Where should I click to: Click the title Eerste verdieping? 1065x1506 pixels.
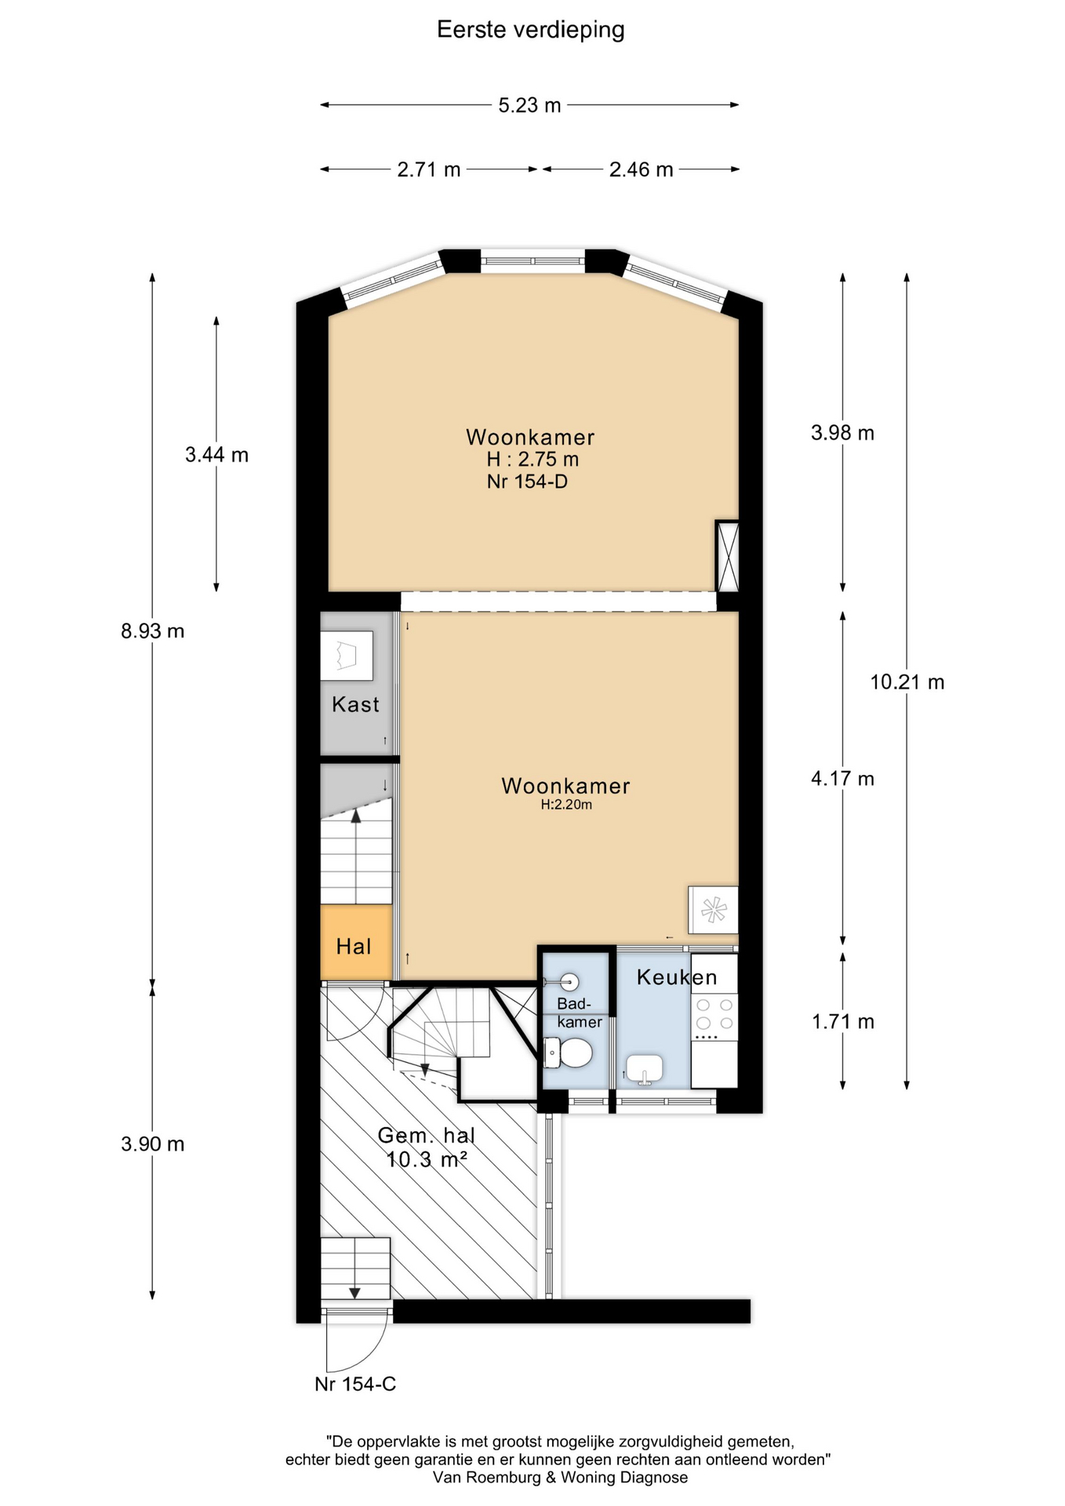[x=530, y=30]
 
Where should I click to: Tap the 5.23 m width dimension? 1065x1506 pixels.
[x=530, y=105]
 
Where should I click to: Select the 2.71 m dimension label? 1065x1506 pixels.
[x=428, y=169]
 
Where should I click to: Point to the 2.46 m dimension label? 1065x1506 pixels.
[x=641, y=169]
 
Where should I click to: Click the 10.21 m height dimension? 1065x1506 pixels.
[x=907, y=682]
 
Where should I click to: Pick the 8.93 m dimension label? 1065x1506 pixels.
[x=153, y=631]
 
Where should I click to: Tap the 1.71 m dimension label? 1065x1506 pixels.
[x=843, y=1021]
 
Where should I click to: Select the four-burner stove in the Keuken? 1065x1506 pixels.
[x=714, y=1017]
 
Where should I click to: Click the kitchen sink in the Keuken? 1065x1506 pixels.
[x=644, y=1068]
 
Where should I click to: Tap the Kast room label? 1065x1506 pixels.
[x=355, y=704]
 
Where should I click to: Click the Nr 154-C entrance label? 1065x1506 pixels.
[x=355, y=1384]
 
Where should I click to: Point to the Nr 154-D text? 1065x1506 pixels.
[x=527, y=481]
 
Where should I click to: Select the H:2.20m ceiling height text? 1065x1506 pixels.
[x=566, y=805]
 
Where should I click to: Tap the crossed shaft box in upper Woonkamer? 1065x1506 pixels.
[x=727, y=555]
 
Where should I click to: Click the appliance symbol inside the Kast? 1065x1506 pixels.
[x=346, y=656]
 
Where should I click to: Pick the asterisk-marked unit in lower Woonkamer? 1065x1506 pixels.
[x=713, y=910]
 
